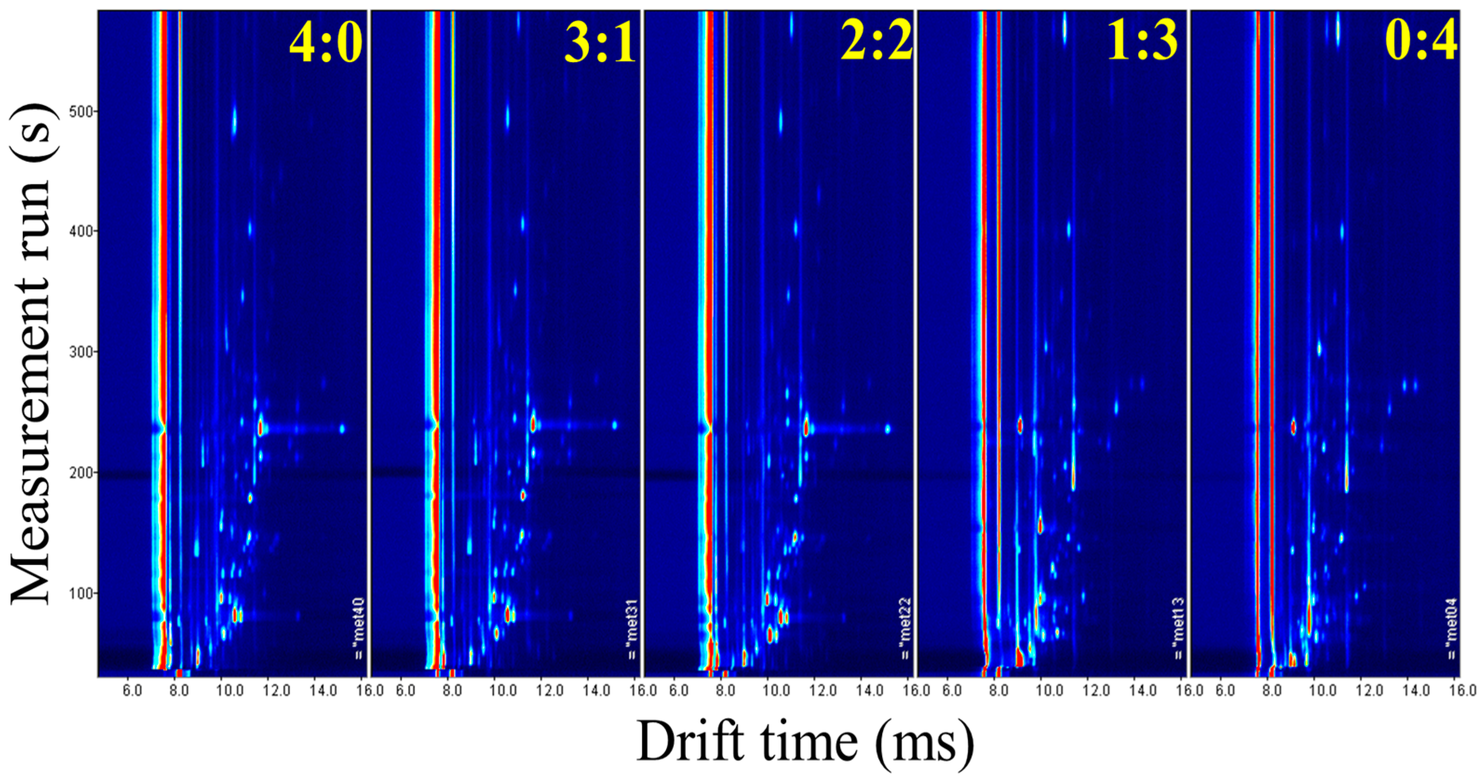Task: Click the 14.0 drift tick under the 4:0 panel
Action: pyautogui.click(x=324, y=690)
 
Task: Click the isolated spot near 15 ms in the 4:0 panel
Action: pyautogui.click(x=342, y=428)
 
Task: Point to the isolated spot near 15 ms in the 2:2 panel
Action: pyautogui.click(x=888, y=428)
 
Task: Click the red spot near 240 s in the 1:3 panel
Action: pyautogui.click(x=1020, y=425)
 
